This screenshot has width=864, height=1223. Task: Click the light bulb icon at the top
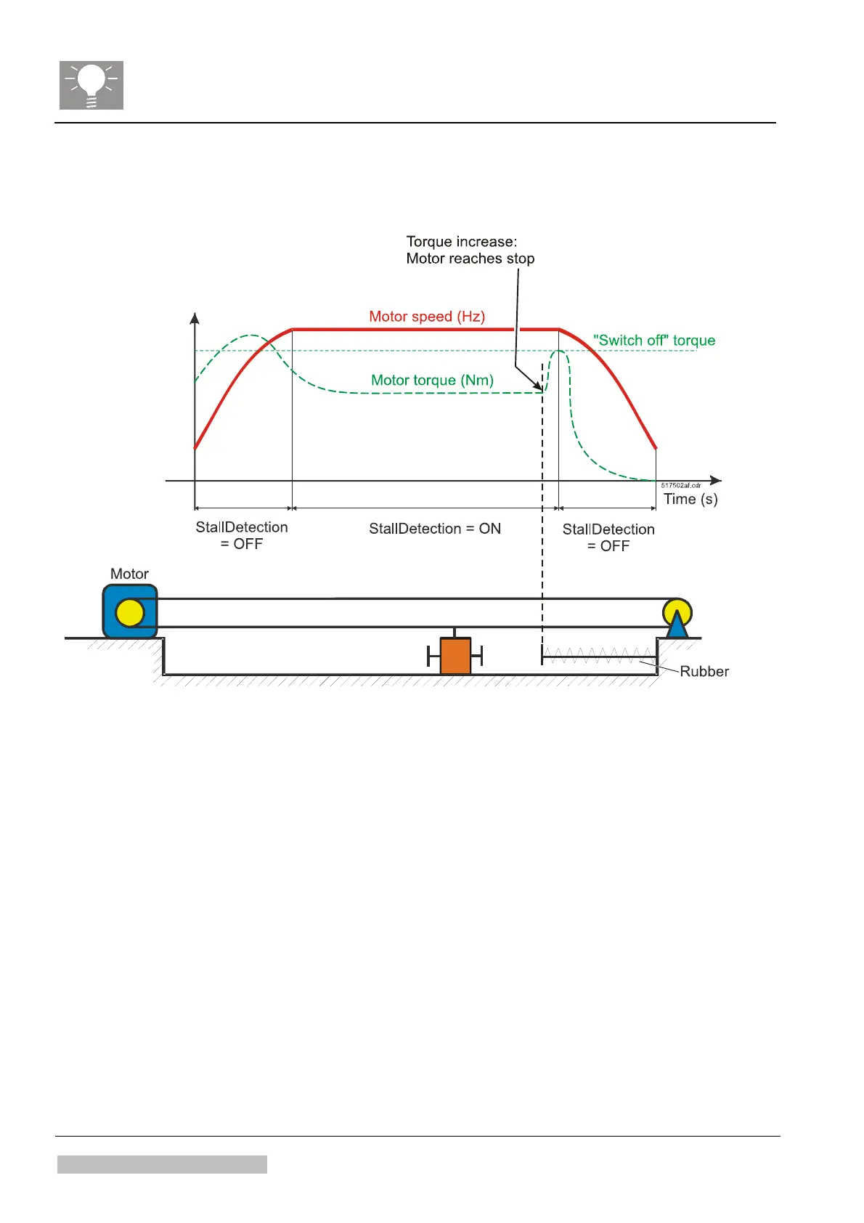[91, 85]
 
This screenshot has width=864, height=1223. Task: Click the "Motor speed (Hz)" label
[427, 317]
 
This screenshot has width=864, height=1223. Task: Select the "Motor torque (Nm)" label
[432, 381]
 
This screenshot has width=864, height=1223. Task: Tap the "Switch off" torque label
[653, 341]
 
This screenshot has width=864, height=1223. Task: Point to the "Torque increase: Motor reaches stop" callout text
[470, 250]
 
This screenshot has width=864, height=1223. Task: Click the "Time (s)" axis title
[690, 499]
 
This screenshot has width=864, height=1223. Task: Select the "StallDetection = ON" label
[434, 529]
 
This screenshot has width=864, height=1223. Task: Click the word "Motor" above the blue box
[129, 574]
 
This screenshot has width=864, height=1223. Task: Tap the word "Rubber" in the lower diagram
[704, 672]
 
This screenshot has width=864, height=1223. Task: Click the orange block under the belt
[455, 656]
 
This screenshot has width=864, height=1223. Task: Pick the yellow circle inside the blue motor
[130, 613]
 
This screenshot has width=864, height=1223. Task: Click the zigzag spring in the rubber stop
[598, 656]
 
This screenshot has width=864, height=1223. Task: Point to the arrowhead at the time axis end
[716, 481]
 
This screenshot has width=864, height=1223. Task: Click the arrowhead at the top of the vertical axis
[195, 318]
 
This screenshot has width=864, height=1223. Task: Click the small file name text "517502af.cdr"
[681, 485]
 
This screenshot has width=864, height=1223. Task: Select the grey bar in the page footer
[162, 1164]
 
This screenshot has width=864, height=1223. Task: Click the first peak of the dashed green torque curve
[251, 336]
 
